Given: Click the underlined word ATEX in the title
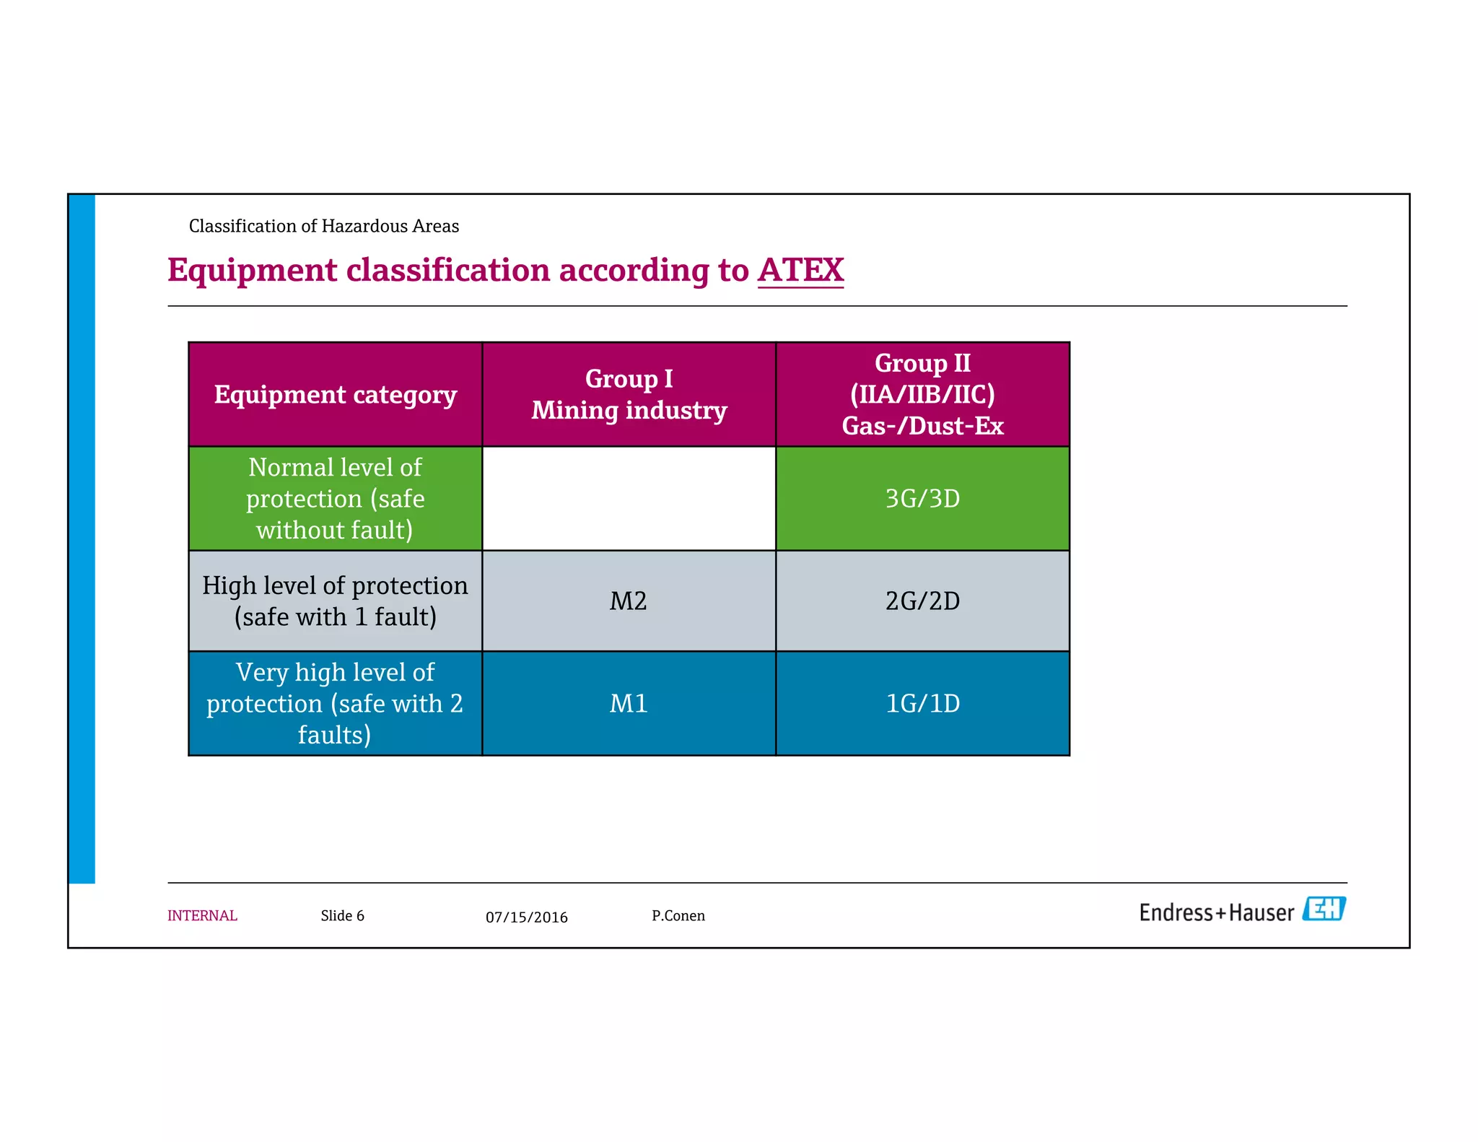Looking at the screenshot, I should click(800, 270).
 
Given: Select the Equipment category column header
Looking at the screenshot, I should click(335, 395).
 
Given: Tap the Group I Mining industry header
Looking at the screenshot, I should click(629, 395).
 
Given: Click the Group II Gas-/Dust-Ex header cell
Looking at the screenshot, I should click(922, 395).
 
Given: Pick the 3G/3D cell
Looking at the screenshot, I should click(922, 499).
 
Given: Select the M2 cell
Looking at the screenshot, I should click(629, 601).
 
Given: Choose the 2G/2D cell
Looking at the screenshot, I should click(922, 601).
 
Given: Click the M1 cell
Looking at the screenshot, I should click(629, 704).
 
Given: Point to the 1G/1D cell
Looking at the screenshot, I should click(922, 704).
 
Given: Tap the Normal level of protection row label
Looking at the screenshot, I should click(335, 499).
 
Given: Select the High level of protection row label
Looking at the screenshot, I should click(335, 601).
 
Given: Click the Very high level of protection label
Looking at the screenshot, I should click(335, 704).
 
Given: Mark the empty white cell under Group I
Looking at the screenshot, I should click(629, 499).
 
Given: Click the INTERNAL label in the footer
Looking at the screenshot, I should click(202, 916).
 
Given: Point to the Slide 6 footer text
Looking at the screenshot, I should click(342, 916).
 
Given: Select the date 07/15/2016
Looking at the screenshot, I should click(526, 917).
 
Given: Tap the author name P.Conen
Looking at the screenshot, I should click(678, 916).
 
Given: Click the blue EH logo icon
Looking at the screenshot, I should click(1324, 909).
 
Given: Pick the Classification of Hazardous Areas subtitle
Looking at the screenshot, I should click(323, 227).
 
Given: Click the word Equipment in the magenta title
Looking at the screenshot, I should click(252, 271).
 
